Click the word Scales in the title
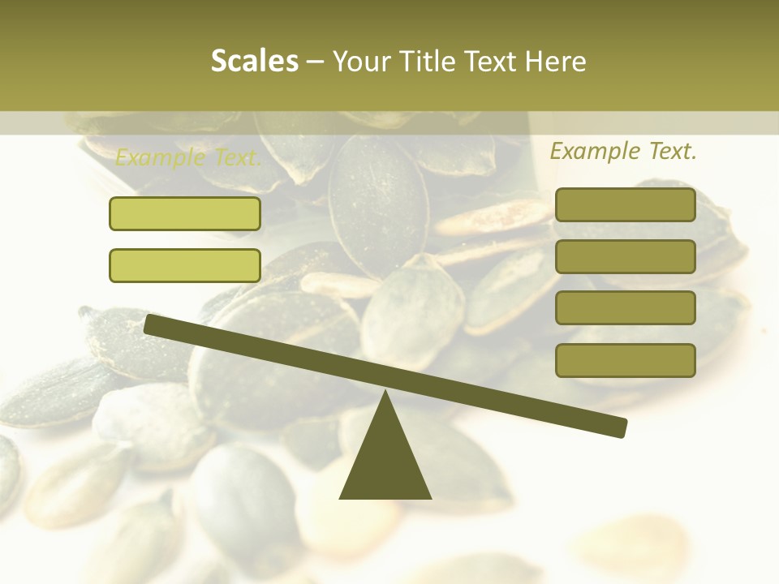tap(255, 62)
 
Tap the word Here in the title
tap(557, 62)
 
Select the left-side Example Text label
tap(188, 157)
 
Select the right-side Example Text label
tap(623, 151)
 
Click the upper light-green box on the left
tap(185, 213)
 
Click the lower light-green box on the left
tap(185, 265)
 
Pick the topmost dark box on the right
tap(625, 204)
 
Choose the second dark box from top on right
tap(625, 256)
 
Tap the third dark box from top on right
tap(625, 307)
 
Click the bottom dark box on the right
tap(625, 360)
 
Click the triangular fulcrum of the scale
tap(385, 462)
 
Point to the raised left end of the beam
tap(151, 324)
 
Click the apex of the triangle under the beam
tap(385, 393)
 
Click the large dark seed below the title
tap(378, 203)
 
